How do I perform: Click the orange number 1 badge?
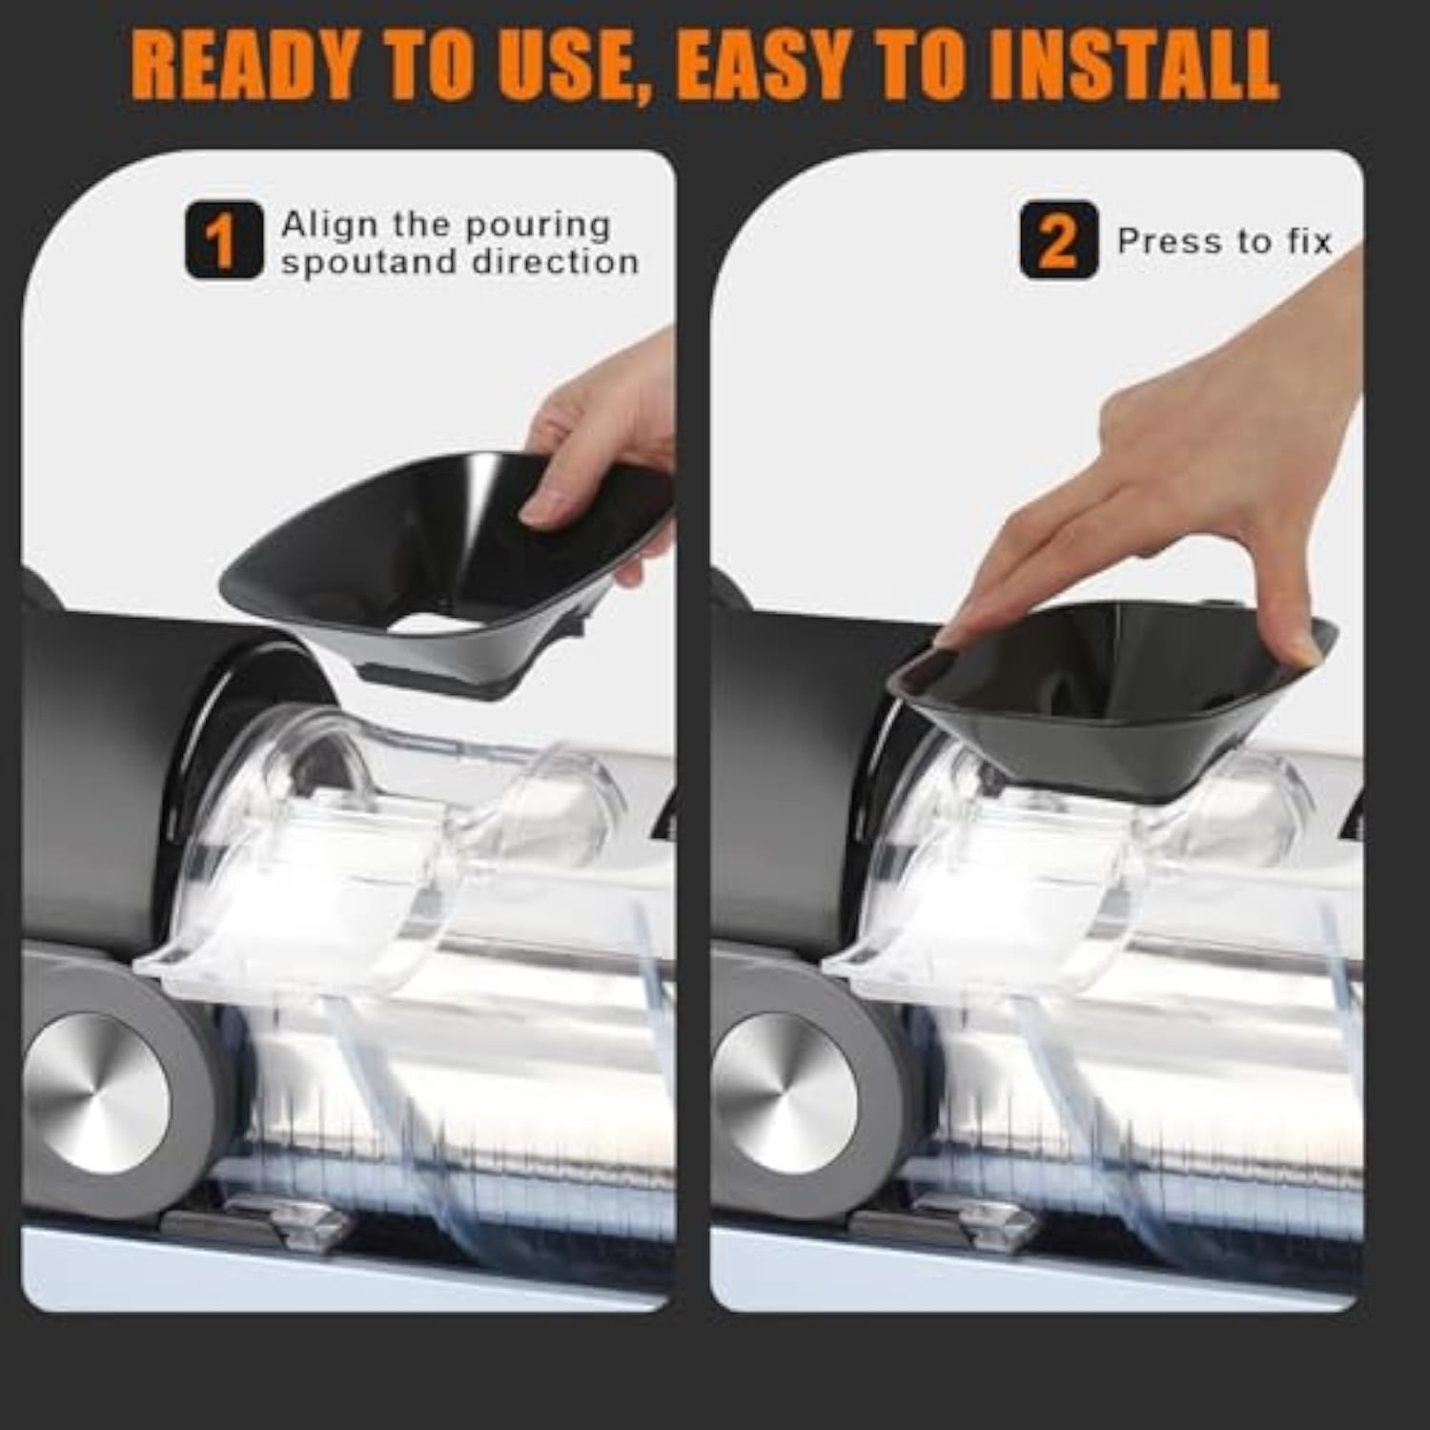[x=223, y=240]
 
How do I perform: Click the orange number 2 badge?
[x=1058, y=240]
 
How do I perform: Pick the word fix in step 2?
[x=1310, y=241]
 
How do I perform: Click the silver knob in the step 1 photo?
[x=96, y=1093]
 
